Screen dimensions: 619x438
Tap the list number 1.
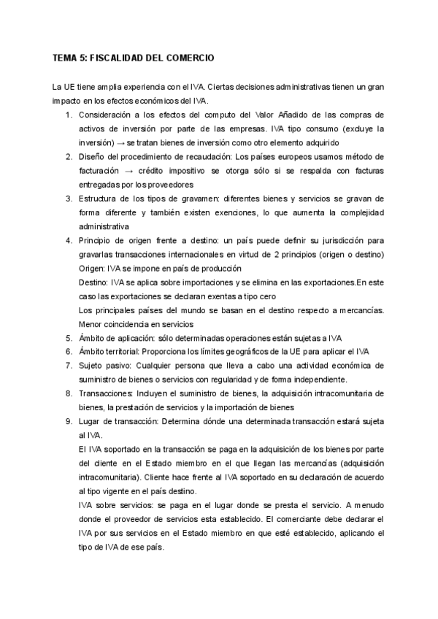pyautogui.click(x=68, y=115)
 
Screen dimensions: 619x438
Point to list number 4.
pyautogui.click(x=68, y=240)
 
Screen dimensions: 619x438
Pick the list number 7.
pyautogui.click(x=68, y=365)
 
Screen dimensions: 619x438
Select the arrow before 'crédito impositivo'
pyautogui.click(x=126, y=171)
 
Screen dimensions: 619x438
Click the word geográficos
pyautogui.click(x=251, y=351)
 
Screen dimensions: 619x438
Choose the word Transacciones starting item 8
pyautogui.click(x=107, y=393)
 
